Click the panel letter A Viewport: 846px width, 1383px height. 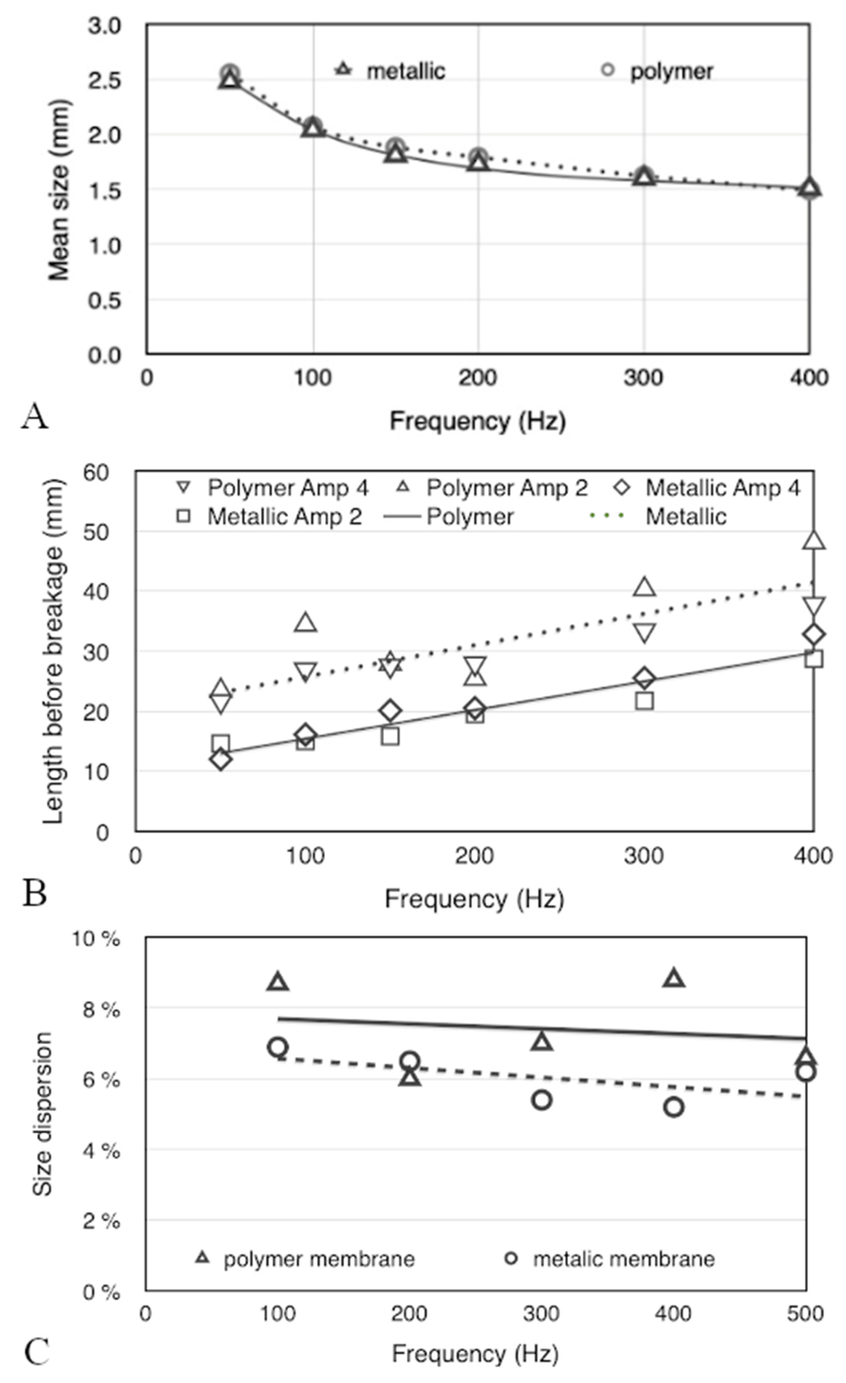point(35,417)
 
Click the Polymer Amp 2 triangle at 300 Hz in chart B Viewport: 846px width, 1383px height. point(644,587)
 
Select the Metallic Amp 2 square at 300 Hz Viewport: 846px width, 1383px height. point(644,701)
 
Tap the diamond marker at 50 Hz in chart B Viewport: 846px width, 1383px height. point(221,760)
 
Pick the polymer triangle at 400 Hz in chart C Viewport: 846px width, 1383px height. point(674,979)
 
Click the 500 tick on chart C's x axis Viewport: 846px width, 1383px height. point(805,1314)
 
